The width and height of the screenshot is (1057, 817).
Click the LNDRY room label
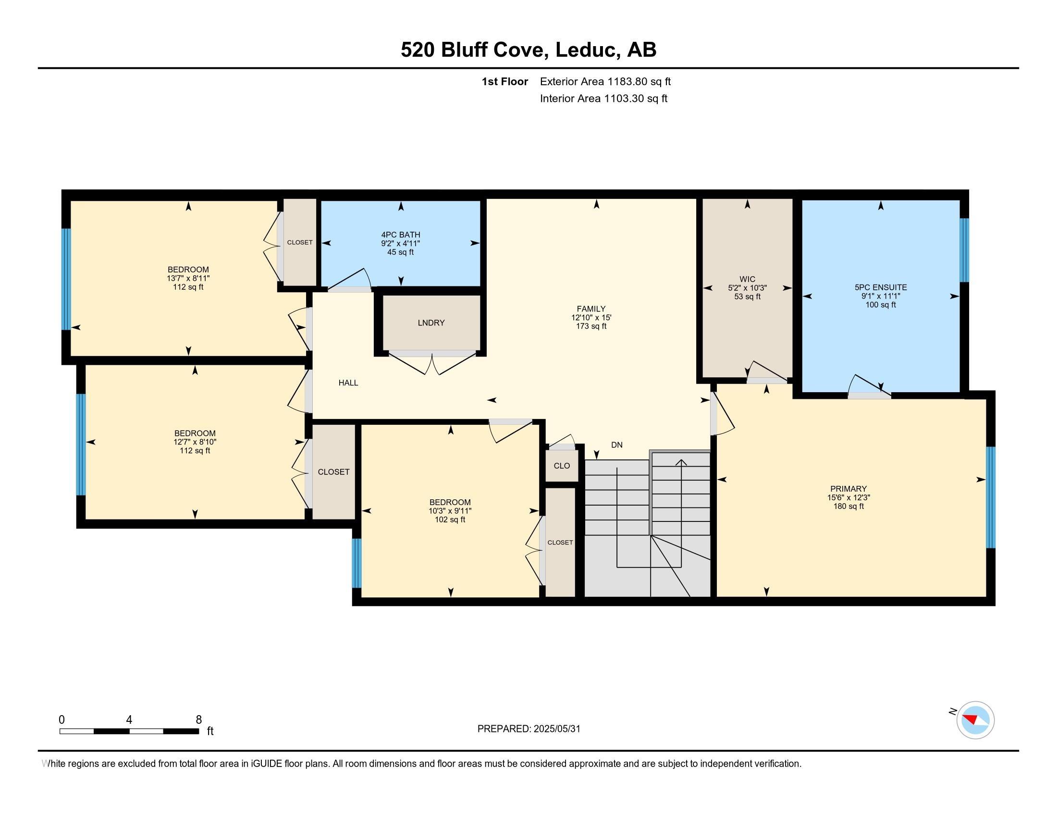coord(431,323)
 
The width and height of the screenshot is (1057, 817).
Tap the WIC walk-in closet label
coord(747,279)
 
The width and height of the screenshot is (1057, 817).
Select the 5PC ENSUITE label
coord(881,287)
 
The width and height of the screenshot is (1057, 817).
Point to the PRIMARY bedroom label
coord(848,489)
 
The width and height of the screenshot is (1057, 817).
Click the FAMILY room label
coord(591,309)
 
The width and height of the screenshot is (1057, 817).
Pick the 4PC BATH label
coord(401,235)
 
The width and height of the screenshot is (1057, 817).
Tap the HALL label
coord(348,383)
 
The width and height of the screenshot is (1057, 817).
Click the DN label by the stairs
coord(616,445)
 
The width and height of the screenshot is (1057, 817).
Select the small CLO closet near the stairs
coord(561,466)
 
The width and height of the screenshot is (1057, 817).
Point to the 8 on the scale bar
coord(198,720)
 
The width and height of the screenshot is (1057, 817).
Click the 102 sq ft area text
coord(450,520)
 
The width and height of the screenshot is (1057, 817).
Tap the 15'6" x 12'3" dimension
coord(848,497)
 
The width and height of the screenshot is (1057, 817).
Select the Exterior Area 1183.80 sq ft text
coord(605,81)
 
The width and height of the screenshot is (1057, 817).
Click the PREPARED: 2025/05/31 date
coord(528,729)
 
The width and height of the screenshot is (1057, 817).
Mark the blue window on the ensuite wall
coord(964,250)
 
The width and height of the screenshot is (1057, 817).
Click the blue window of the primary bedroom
coord(991,497)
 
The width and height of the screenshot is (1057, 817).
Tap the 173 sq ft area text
coord(591,326)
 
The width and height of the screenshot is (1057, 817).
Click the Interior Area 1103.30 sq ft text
coord(603,99)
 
